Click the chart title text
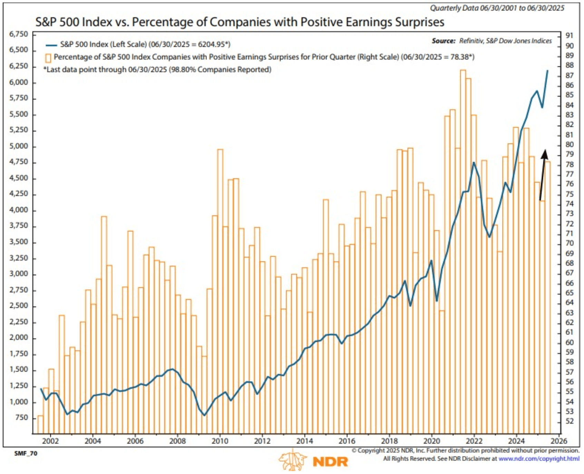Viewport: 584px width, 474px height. click(240, 22)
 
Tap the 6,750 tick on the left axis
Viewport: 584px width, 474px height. click(19, 34)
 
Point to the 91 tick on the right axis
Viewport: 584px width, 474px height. click(570, 36)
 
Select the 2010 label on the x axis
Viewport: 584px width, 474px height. click(220, 441)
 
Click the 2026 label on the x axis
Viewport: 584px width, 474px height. click(559, 441)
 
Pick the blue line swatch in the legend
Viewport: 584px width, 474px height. click(51, 45)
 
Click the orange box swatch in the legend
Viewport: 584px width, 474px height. click(48, 58)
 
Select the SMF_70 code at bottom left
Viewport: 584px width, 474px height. click(26, 453)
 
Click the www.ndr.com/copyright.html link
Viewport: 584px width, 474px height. click(539, 459)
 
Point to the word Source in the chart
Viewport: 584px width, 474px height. click(444, 41)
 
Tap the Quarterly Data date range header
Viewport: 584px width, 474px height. click(497, 8)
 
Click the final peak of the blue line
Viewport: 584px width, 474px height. click(547, 71)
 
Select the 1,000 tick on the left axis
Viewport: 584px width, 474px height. click(19, 402)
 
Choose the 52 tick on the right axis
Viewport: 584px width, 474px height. click(570, 421)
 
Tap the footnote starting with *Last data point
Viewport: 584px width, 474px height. click(157, 70)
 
